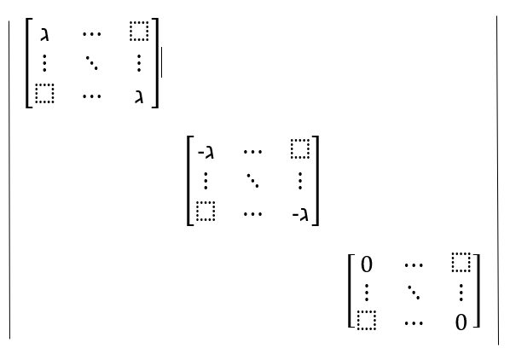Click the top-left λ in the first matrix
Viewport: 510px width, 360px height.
pos(44,34)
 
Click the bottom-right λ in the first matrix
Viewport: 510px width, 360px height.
pos(139,97)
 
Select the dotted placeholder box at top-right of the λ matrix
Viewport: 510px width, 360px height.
pos(139,32)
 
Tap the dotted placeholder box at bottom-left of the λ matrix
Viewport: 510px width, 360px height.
pos(44,94)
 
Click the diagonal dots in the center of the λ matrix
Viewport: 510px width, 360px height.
pos(92,63)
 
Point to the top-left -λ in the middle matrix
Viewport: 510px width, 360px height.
pos(206,152)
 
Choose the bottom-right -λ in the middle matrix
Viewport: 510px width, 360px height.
pos(300,215)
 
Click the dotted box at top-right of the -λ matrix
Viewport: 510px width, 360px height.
pos(300,149)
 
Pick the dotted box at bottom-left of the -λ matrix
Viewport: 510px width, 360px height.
pos(206,212)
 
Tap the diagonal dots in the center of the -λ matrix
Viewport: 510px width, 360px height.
pos(252,181)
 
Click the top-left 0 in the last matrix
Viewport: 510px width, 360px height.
pos(367,264)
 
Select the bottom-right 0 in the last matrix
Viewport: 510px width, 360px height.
pos(461,322)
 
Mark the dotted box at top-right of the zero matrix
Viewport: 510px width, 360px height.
pos(461,262)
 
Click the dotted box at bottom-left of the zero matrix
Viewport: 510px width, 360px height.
pos(367,320)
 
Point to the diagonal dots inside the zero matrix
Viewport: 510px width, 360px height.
pos(414,293)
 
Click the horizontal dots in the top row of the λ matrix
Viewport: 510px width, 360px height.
pos(92,33)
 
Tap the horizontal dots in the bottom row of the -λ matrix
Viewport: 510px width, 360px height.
pos(252,214)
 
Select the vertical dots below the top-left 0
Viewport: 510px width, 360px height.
pos(367,293)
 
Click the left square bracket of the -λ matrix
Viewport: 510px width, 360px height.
pos(190,181)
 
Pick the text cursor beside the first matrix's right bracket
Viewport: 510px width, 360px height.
pos(161,62)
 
